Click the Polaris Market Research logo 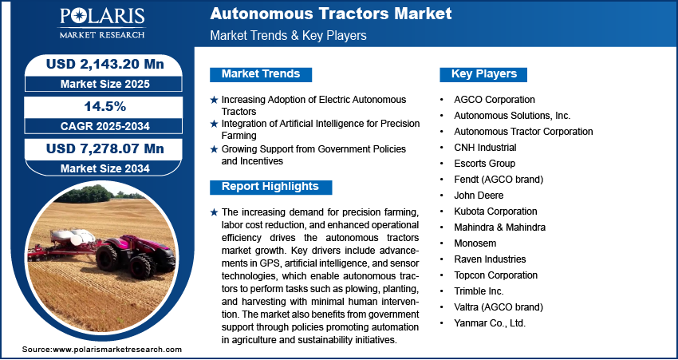pyautogui.click(x=102, y=23)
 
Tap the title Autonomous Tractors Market pyautogui.click(x=331, y=14)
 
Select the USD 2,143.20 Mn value pyautogui.click(x=105, y=64)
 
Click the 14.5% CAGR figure pyautogui.click(x=104, y=107)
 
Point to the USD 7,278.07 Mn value pyautogui.click(x=105, y=148)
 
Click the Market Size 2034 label pyautogui.click(x=105, y=168)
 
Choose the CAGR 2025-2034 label pyautogui.click(x=105, y=126)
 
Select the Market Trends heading pyautogui.click(x=261, y=74)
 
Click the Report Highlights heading pyautogui.click(x=270, y=187)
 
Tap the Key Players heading pyautogui.click(x=484, y=74)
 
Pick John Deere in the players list pyautogui.click(x=479, y=196)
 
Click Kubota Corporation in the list pyautogui.click(x=495, y=212)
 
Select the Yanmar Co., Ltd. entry pyautogui.click(x=490, y=323)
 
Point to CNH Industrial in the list pyautogui.click(x=485, y=148)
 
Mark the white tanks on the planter pyautogui.click(x=73, y=237)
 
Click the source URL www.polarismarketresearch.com pyautogui.click(x=117, y=350)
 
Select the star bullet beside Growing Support pyautogui.click(x=214, y=149)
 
